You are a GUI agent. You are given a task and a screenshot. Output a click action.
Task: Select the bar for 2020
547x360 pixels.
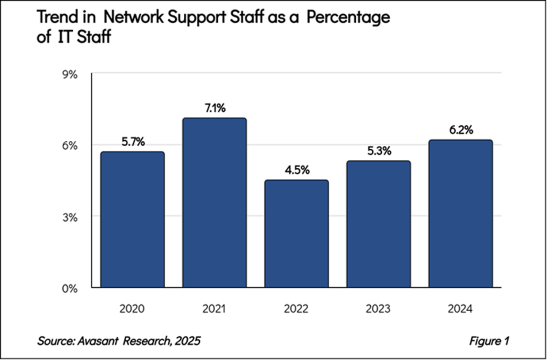click(x=132, y=219)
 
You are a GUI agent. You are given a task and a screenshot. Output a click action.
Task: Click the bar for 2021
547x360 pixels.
click(x=214, y=202)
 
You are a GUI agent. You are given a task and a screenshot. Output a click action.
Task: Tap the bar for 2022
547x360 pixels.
click(x=296, y=234)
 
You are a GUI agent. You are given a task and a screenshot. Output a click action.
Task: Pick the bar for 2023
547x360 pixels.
click(x=378, y=224)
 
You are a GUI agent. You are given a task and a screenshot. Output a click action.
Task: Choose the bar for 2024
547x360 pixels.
click(x=460, y=213)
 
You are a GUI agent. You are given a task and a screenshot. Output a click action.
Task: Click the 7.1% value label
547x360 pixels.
click(x=214, y=108)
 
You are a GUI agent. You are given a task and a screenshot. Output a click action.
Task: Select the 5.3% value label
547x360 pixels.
click(x=378, y=151)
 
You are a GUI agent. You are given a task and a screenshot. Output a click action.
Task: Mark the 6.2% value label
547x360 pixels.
click(x=460, y=130)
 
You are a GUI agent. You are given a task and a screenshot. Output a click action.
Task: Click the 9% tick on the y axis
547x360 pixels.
click(x=71, y=74)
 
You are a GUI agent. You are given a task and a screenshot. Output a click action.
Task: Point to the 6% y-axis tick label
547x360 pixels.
click(x=71, y=145)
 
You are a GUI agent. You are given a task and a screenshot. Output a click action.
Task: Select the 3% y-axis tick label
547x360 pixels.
click(x=71, y=217)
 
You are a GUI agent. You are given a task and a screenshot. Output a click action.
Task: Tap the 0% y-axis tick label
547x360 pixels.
click(x=71, y=289)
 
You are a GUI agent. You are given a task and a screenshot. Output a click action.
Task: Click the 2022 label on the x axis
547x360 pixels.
click(x=296, y=308)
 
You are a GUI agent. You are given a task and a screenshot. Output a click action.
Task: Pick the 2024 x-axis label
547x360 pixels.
click(x=460, y=308)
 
